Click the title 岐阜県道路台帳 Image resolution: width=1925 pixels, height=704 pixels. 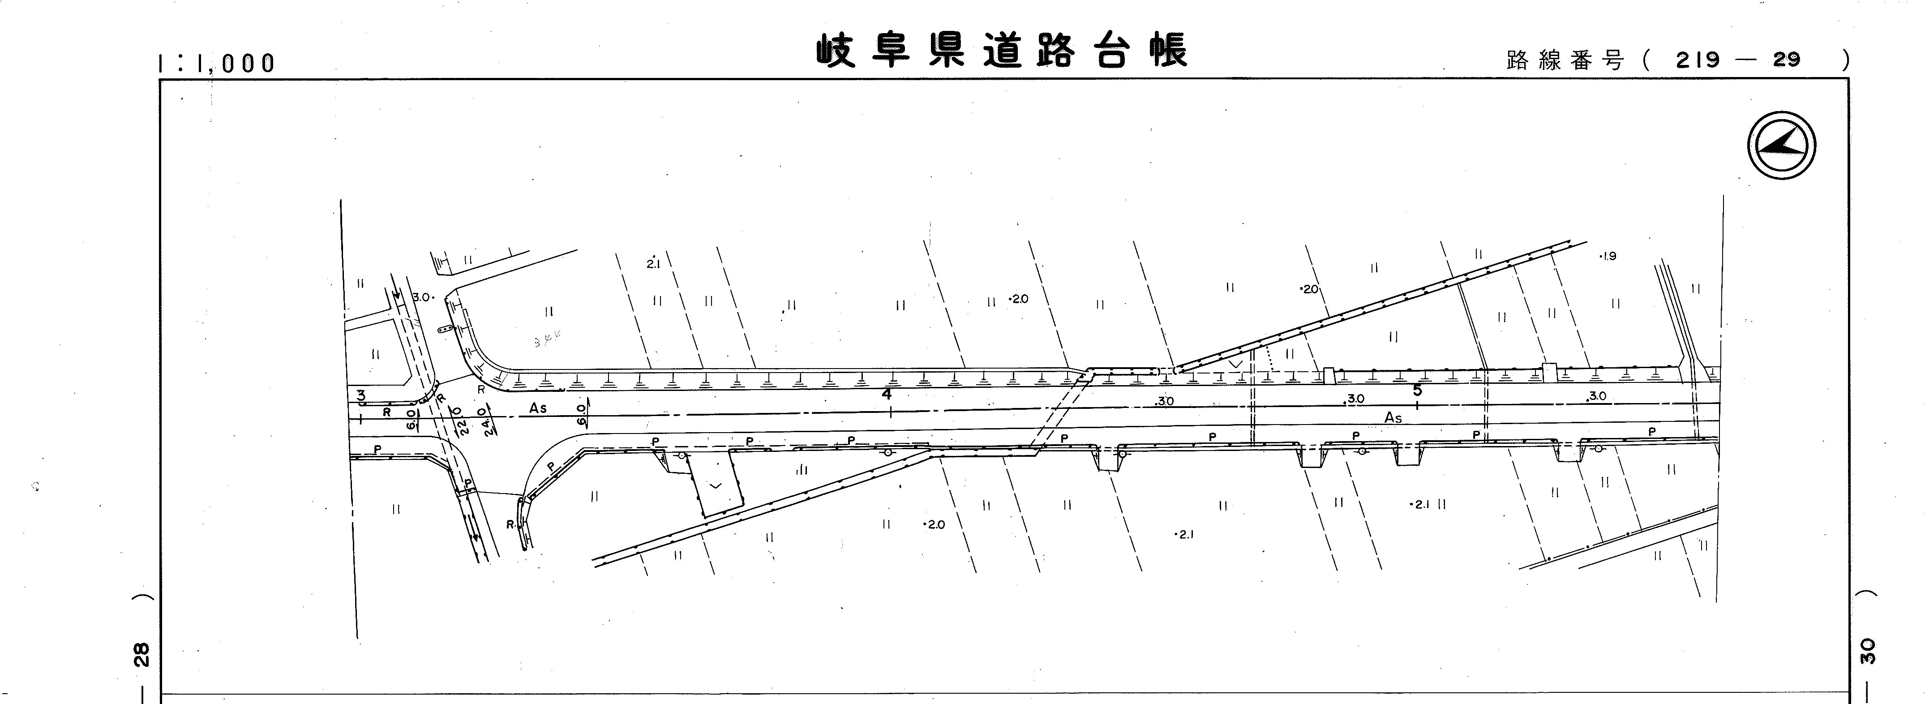1001,51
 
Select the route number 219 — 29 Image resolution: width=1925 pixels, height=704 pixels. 1737,60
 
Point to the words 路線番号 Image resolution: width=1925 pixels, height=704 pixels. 1565,60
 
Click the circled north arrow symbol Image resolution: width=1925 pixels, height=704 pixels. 1782,146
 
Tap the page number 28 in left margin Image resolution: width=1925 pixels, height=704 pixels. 142,655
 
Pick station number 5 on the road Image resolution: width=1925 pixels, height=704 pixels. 1417,390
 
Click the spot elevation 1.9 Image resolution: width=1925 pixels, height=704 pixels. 1608,256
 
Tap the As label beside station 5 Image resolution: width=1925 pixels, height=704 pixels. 1393,418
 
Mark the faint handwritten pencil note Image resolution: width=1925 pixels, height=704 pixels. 548,341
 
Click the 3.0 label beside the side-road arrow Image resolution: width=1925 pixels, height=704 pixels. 422,297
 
